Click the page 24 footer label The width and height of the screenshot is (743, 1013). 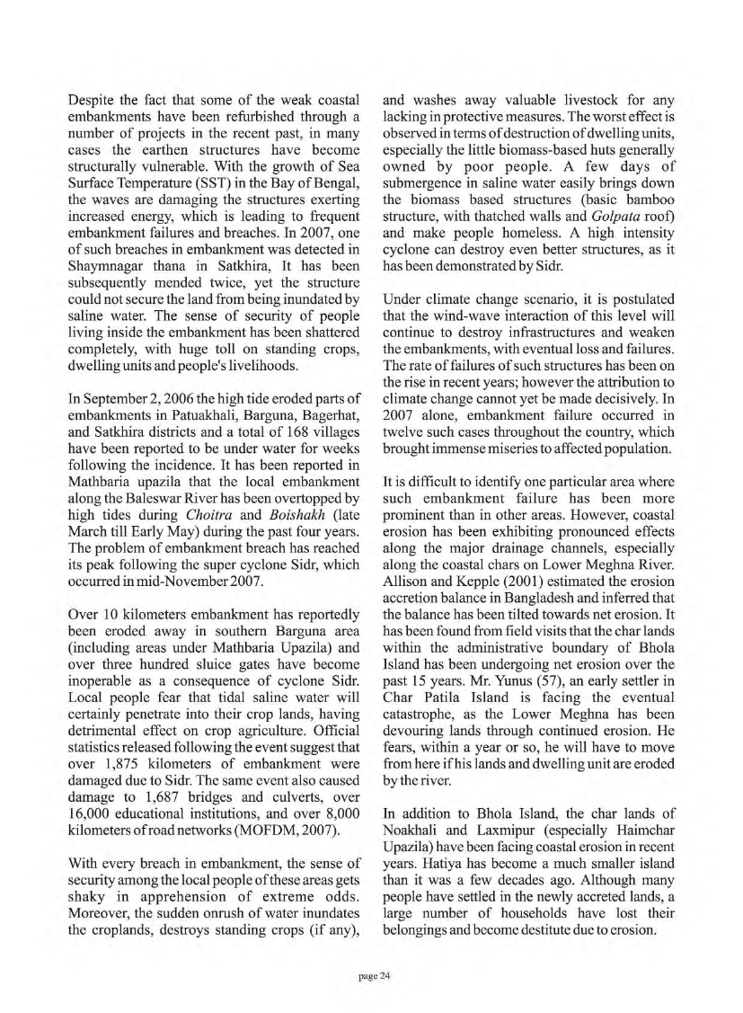pos(371,975)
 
